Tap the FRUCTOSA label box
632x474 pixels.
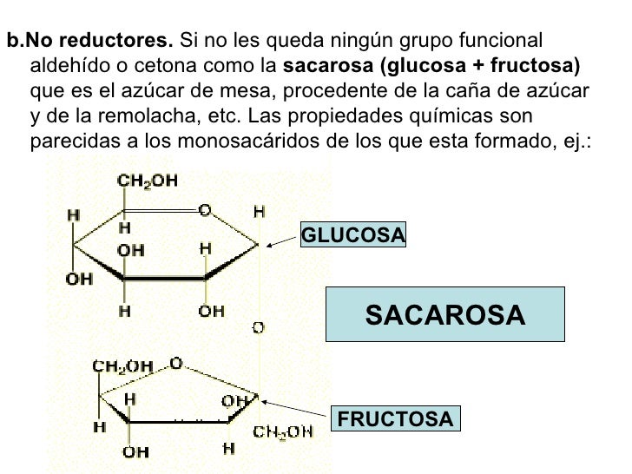(x=395, y=420)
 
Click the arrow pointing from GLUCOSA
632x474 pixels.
(x=281, y=242)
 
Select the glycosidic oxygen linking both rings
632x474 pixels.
(x=258, y=327)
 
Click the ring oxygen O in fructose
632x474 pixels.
(x=175, y=364)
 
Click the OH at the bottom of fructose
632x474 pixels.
(x=135, y=452)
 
